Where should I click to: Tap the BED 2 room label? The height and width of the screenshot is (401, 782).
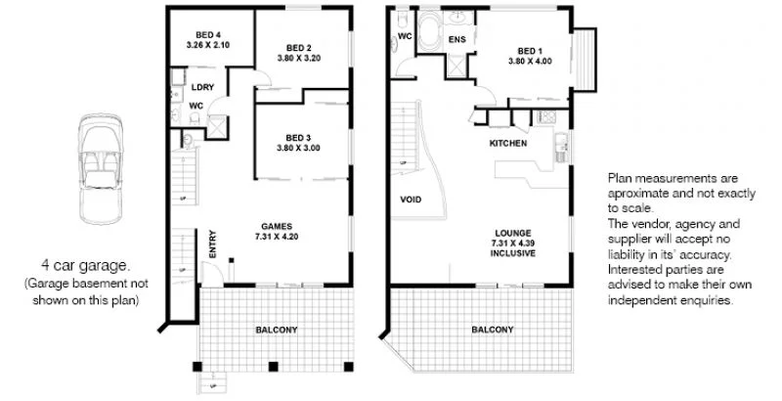298,47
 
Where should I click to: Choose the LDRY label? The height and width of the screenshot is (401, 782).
203,86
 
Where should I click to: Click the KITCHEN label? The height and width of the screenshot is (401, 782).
508,144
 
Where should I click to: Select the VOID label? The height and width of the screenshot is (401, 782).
412,199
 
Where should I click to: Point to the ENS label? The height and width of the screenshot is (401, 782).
456,40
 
